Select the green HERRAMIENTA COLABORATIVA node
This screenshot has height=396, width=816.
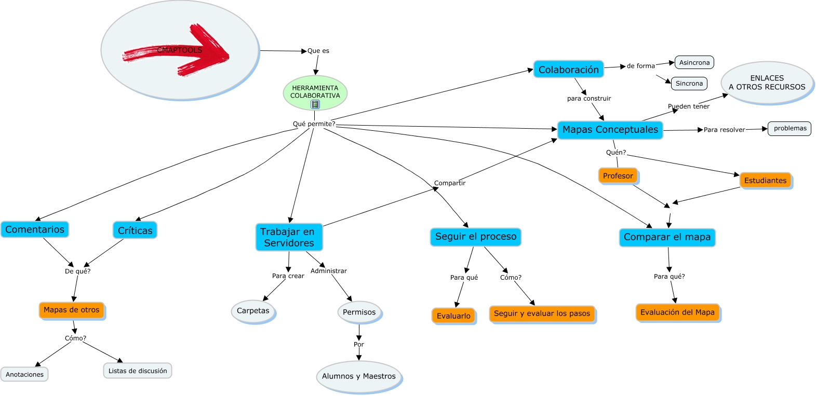coord(315,91)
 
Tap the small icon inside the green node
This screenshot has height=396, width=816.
coord(315,104)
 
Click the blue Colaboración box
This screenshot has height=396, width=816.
coord(568,70)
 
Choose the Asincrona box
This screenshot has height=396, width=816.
coord(694,63)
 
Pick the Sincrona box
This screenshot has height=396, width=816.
coord(689,84)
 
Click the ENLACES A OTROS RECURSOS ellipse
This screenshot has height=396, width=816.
coord(767,83)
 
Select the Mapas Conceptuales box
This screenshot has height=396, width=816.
coord(610,130)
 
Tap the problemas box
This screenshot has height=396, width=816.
coord(790,128)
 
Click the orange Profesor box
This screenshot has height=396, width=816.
coord(618,176)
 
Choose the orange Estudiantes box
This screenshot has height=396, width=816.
coord(765,181)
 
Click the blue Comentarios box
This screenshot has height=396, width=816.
coord(35,229)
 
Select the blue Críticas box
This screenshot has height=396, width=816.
coord(135,230)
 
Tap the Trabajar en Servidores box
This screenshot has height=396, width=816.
coord(289,237)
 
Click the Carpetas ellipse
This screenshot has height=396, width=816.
coord(253,311)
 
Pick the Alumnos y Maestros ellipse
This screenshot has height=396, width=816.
coord(358,376)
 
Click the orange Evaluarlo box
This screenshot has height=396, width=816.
coord(453,316)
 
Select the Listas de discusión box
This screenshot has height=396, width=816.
coord(138,371)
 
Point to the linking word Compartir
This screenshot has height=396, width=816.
coord(450,183)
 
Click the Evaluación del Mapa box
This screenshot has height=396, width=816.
coord(677,312)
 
